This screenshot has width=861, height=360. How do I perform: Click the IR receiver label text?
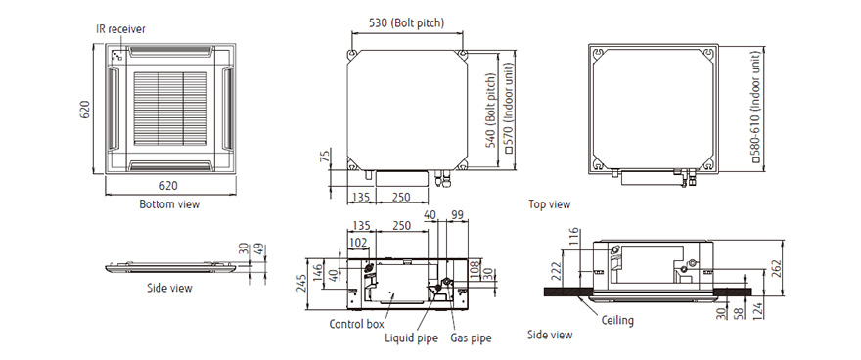(x=120, y=29)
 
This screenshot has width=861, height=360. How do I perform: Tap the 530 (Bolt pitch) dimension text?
(x=406, y=22)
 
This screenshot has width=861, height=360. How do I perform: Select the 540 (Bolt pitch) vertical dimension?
(x=490, y=111)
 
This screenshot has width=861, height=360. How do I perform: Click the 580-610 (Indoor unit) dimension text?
(x=756, y=107)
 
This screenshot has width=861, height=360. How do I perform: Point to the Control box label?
(x=356, y=324)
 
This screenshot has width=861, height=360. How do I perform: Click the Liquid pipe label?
(x=411, y=338)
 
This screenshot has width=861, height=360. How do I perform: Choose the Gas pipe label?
(x=471, y=338)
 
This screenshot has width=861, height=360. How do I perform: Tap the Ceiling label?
(x=617, y=320)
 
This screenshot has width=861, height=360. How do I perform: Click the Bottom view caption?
(x=169, y=204)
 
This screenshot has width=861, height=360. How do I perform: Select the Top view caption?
(x=550, y=204)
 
